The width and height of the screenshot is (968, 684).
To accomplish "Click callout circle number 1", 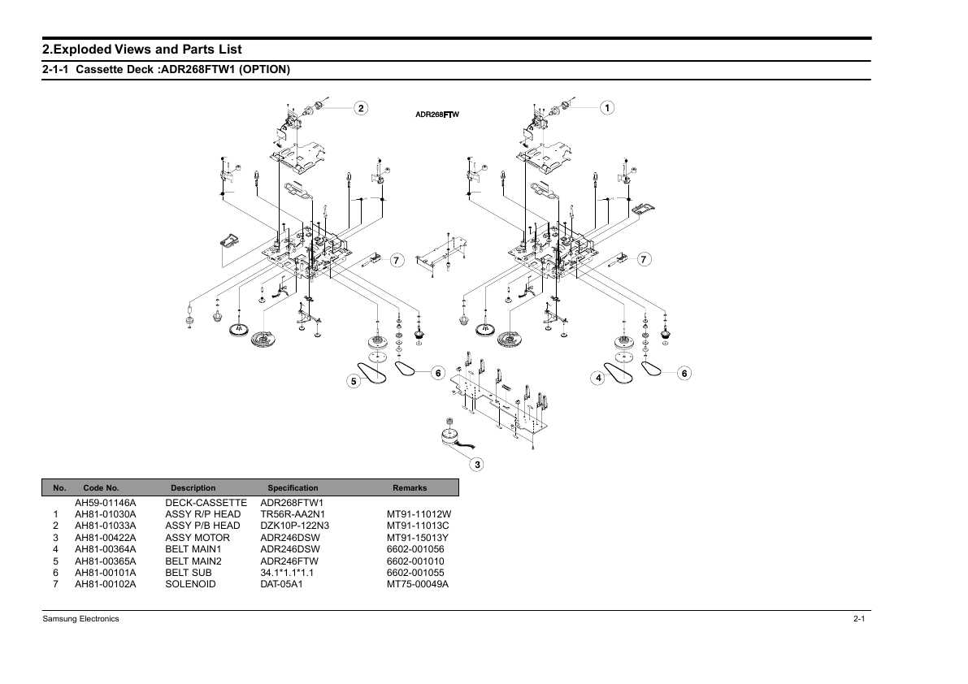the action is coord(607,108).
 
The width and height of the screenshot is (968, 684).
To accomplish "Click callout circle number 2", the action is coord(361,108).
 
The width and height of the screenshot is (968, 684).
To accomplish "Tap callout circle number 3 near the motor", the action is coord(476,465).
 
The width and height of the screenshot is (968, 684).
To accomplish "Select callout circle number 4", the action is coord(597,378).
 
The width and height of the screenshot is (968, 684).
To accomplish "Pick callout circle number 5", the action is coord(354,381).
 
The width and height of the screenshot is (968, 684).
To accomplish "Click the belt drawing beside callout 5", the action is coord(374,373).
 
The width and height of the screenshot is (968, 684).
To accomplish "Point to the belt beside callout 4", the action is coord(618,373).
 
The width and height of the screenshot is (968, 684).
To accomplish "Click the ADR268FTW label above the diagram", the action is coord(437,114).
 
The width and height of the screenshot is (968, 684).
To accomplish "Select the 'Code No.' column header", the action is coord(102,488).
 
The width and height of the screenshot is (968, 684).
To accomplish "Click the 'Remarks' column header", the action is coord(410,488).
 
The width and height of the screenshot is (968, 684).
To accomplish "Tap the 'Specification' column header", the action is coord(293,488).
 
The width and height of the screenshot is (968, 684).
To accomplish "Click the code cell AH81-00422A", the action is coord(106,538).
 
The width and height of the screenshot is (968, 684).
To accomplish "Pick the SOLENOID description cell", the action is coord(191,584).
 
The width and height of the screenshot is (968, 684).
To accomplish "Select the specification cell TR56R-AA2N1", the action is coord(293,514).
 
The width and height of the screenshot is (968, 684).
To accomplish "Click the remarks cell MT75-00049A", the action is coord(418,584).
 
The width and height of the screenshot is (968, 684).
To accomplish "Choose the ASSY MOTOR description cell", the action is coord(198,538).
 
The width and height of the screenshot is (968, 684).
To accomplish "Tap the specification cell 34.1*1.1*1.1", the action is coord(287,573).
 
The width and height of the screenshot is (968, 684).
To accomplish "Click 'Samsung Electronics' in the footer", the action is coord(81,619).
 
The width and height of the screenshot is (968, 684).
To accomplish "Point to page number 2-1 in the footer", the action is coord(859,619).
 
